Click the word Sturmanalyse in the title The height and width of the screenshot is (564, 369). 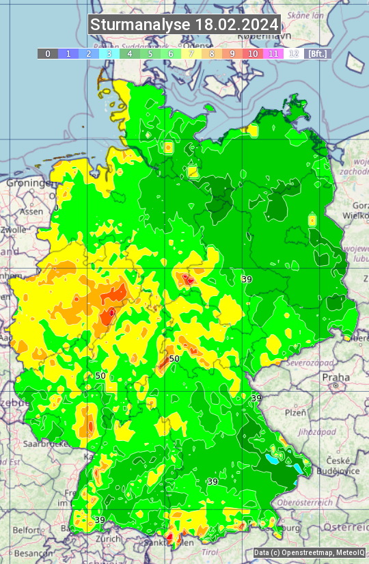click(x=140, y=25)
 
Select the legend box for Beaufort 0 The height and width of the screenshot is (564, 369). click(x=48, y=53)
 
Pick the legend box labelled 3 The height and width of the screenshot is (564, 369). click(x=109, y=53)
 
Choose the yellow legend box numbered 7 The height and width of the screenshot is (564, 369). click(x=191, y=53)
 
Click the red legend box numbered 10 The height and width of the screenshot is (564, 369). click(x=253, y=53)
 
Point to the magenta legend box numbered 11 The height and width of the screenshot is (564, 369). click(x=273, y=53)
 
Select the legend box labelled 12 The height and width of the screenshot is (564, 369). click(x=294, y=53)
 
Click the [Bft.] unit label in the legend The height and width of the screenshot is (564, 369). click(x=318, y=53)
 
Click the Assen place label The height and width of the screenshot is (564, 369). click(x=31, y=212)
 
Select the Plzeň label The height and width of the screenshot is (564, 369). click(x=295, y=412)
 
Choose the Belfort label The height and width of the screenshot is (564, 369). click(x=27, y=530)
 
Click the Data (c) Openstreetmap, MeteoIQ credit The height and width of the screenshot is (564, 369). click(x=309, y=552)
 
